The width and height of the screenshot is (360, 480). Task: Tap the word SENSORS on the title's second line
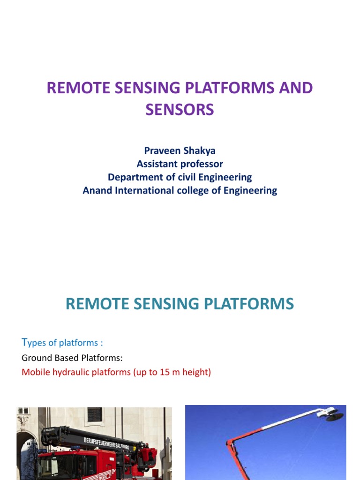coord(180,109)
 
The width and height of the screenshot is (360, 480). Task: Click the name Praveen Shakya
coord(180,151)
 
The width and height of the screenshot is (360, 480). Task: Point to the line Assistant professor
coord(180,164)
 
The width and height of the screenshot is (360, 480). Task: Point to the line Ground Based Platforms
coord(72,358)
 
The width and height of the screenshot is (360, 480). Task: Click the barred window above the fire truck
coord(94,414)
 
